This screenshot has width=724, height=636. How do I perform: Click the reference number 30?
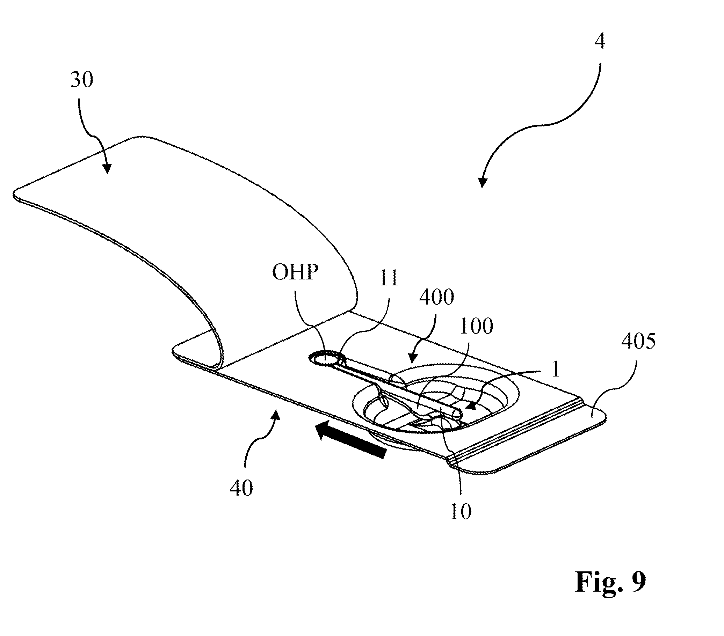point(82,79)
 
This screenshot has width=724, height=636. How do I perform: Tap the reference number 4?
point(599,42)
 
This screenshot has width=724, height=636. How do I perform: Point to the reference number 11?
point(389,278)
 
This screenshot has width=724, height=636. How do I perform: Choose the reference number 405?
point(638,341)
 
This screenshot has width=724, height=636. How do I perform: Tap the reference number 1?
point(555,370)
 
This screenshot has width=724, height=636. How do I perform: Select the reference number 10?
point(461,511)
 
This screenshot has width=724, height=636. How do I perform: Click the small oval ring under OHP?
point(326,358)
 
